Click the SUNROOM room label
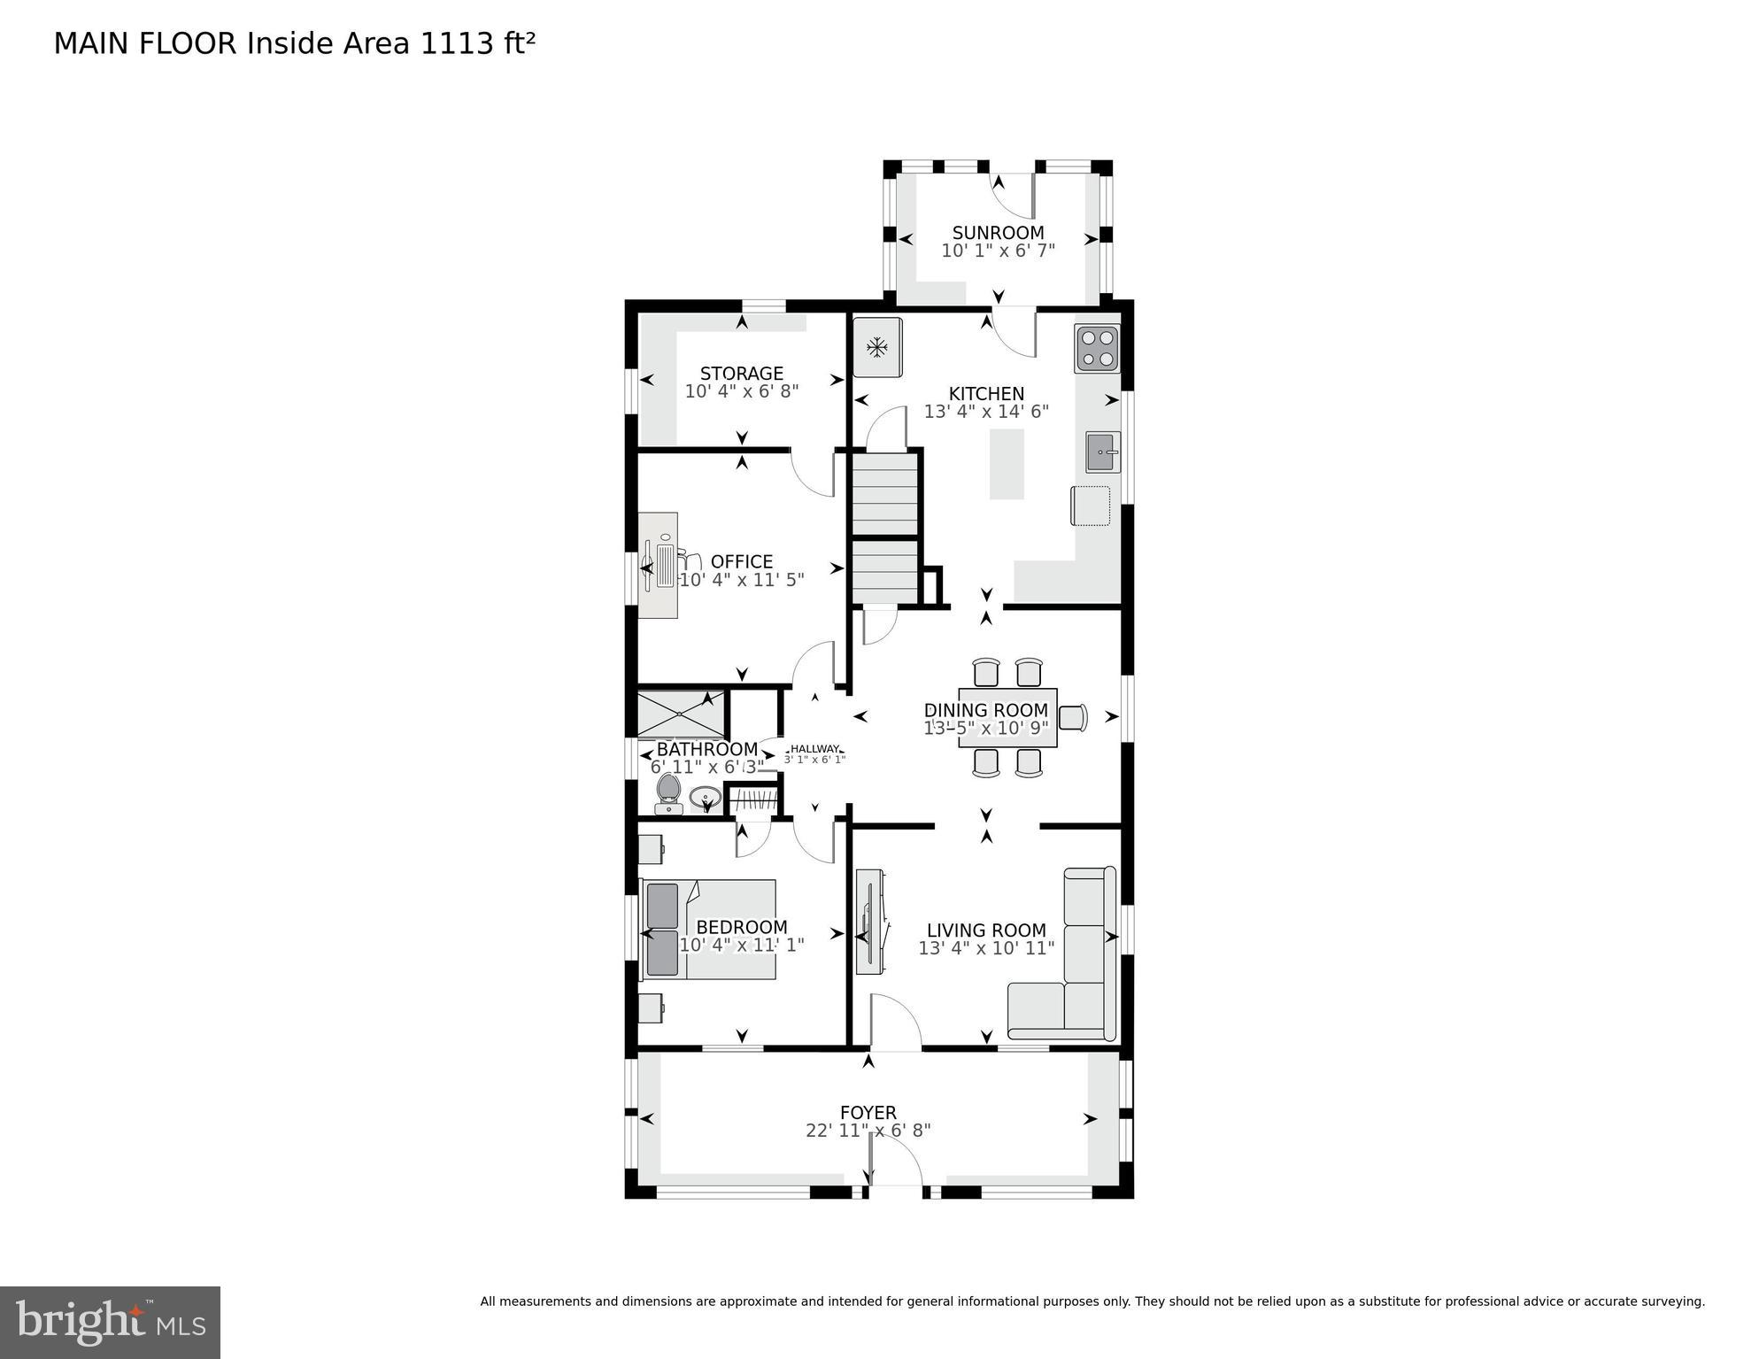998,233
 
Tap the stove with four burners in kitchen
1097,348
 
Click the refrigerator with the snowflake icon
877,347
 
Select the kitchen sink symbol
1103,452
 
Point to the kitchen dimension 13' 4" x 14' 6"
986,412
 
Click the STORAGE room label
742,374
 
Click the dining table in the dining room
1007,718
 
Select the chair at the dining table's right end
1074,717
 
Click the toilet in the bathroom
667,793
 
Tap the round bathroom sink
706,797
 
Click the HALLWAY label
814,749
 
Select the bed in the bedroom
708,929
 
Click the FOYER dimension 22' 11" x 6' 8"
868,1131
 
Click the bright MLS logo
110,1323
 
